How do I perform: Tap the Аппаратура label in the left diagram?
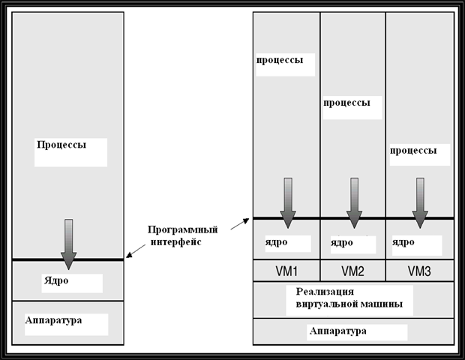pos(53,320)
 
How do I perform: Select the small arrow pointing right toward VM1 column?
pos(238,222)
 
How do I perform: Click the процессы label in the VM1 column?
pos(280,60)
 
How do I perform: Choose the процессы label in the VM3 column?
pos(413,150)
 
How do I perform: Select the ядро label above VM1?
pos(276,242)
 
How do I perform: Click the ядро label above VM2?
pos(341,242)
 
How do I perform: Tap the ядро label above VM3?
pos(403,242)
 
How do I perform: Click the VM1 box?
pos(286,269)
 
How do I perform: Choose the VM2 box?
pos(352,269)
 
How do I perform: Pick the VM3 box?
pos(419,269)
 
